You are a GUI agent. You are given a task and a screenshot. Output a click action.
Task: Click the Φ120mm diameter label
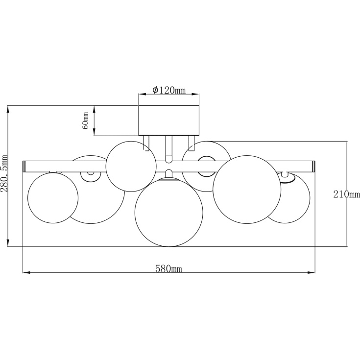point(169,90)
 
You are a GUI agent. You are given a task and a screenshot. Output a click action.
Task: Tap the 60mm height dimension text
point(85,121)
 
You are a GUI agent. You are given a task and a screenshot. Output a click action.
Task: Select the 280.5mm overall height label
point(4,173)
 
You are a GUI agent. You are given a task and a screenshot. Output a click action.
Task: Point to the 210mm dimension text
point(346,194)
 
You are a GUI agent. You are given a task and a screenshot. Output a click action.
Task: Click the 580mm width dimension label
point(169,268)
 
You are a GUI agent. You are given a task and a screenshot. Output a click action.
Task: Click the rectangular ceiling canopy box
point(169,120)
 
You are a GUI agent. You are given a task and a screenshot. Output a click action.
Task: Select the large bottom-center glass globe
point(169,213)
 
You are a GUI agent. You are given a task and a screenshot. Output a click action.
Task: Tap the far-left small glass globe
point(53,198)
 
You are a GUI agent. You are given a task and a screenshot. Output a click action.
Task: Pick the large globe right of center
point(247,190)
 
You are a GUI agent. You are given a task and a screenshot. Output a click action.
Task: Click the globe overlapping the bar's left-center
point(131,166)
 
